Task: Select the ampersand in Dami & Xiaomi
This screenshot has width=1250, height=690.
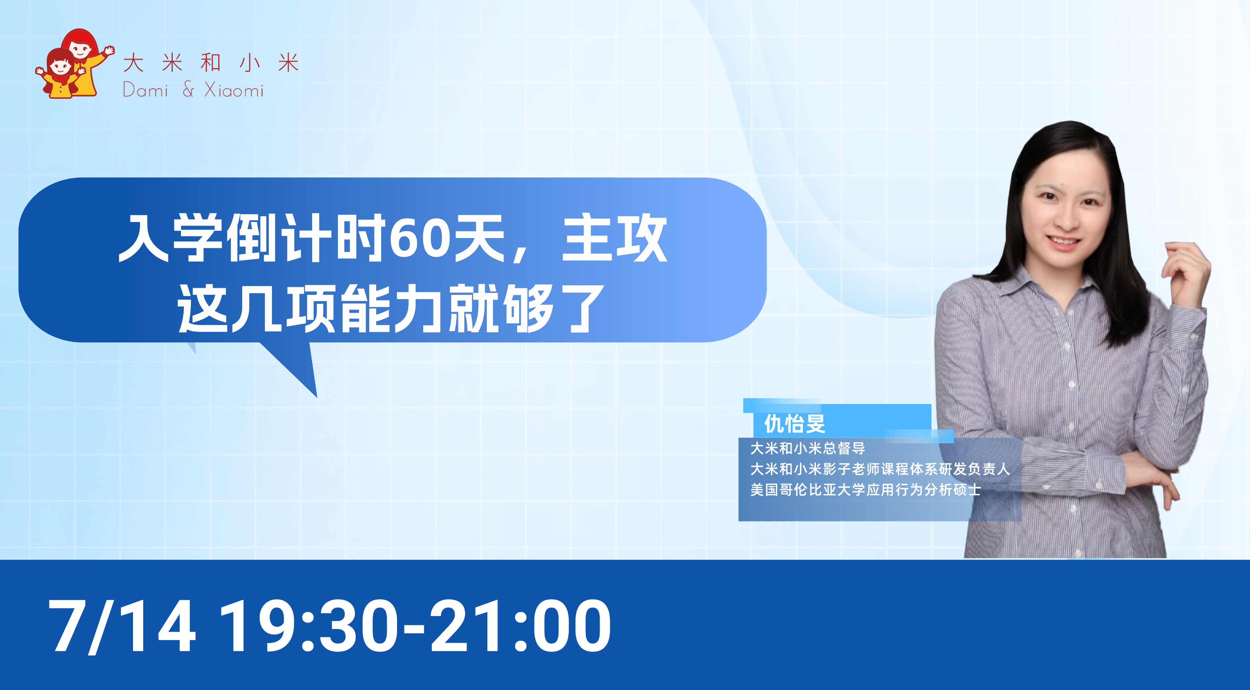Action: click(188, 89)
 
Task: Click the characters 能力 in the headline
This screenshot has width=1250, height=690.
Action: click(393, 308)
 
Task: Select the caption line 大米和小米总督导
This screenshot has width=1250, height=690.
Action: click(807, 448)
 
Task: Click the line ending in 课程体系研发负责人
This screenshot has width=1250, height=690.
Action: click(880, 469)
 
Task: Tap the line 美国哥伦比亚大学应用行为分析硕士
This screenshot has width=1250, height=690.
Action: click(865, 489)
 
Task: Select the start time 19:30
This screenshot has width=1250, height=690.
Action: click(309, 626)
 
